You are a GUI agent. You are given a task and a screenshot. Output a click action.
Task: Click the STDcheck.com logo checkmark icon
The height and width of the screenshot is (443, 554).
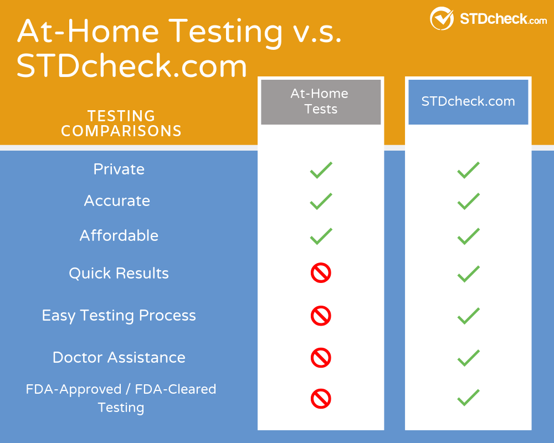[x=442, y=18]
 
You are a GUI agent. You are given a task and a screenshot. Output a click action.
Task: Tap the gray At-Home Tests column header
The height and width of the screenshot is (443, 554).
[x=321, y=101]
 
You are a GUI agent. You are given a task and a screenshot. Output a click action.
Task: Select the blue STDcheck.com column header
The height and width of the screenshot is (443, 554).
[x=468, y=101]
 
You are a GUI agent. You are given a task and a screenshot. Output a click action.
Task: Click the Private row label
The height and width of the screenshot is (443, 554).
[x=119, y=169]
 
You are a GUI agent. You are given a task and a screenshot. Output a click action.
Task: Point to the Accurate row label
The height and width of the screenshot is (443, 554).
[x=117, y=200]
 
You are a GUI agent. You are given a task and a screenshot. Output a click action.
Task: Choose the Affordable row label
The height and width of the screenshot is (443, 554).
[x=119, y=235]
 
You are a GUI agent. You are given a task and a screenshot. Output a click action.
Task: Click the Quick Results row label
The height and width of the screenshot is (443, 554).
[x=119, y=273]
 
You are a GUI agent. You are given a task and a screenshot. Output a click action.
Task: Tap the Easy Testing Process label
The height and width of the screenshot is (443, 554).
[x=119, y=316]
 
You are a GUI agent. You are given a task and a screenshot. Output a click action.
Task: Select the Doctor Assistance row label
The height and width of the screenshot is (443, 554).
[x=119, y=357]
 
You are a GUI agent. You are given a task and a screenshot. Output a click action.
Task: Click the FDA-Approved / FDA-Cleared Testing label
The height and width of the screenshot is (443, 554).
[x=121, y=398]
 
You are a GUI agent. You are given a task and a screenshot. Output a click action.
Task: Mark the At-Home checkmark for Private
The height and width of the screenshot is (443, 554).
[x=321, y=170]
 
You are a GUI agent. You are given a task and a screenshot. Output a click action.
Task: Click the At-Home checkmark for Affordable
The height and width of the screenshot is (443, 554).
[x=321, y=236]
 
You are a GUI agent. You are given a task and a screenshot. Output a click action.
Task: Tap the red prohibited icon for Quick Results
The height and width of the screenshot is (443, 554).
[x=321, y=273]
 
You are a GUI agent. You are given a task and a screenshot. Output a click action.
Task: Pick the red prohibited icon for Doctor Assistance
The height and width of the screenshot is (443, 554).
[x=321, y=358]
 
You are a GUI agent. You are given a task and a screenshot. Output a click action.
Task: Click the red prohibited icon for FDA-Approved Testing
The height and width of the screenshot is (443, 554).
[x=321, y=398]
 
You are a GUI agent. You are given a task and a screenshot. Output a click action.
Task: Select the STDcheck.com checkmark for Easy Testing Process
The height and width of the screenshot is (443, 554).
[x=468, y=316]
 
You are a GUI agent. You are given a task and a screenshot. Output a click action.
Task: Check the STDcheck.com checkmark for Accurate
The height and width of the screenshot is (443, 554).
[x=468, y=201]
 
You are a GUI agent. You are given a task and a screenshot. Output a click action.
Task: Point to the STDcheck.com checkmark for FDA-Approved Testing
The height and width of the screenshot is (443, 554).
[x=468, y=398]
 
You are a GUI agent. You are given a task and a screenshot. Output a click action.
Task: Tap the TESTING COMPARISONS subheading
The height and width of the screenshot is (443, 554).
[x=121, y=123]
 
